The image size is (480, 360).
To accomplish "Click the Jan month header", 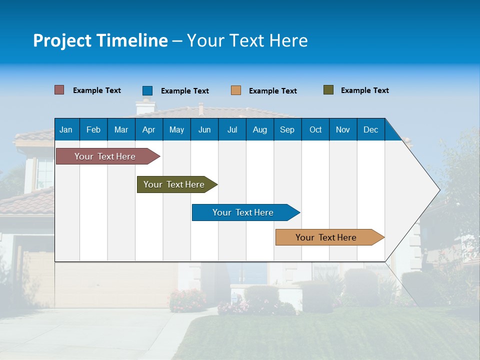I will click(66, 129).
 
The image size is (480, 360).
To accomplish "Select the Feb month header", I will click(93, 129).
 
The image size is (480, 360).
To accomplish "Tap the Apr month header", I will click(148, 129).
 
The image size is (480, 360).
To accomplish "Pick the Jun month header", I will click(204, 129).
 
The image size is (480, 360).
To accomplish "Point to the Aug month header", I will click(259, 129).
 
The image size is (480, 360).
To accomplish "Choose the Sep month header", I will click(287, 129).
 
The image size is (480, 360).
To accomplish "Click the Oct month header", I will click(315, 129).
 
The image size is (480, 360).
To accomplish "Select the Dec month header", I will click(370, 129).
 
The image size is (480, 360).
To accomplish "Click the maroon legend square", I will click(59, 90).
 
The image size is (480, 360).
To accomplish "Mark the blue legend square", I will click(147, 90).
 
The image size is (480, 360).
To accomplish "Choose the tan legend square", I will click(236, 90).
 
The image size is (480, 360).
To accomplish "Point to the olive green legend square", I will click(328, 90).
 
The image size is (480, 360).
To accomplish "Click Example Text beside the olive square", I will click(364, 90).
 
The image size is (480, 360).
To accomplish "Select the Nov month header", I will click(343, 129).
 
